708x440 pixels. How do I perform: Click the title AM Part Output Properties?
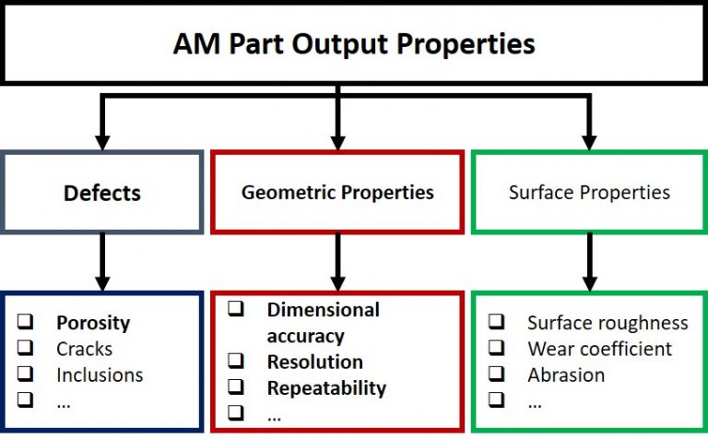pyautogui.click(x=354, y=44)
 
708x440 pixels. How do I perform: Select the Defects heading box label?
pyautogui.click(x=102, y=193)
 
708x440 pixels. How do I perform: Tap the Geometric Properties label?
pyautogui.click(x=337, y=193)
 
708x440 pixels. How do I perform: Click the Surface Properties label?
pyautogui.click(x=589, y=193)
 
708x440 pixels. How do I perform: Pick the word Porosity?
pyautogui.click(x=93, y=323)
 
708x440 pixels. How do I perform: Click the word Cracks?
pyautogui.click(x=85, y=349)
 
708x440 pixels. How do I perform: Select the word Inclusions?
pyautogui.click(x=100, y=375)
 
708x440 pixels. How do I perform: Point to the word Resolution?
pyautogui.click(x=315, y=362)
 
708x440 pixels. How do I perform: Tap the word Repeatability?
pyautogui.click(x=327, y=388)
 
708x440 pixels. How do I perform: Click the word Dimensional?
pyautogui.click(x=324, y=310)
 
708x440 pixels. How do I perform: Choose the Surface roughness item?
pyautogui.click(x=608, y=323)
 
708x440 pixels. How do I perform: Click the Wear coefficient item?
pyautogui.click(x=599, y=349)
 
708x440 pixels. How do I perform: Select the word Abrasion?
pyautogui.click(x=566, y=375)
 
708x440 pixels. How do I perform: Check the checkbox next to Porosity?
pyautogui.click(x=25, y=321)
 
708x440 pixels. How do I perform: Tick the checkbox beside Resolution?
pyautogui.click(x=236, y=361)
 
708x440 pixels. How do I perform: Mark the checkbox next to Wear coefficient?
pyautogui.click(x=496, y=348)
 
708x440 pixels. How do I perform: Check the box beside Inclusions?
pyautogui.click(x=25, y=374)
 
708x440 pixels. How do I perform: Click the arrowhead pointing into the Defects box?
pyautogui.click(x=102, y=142)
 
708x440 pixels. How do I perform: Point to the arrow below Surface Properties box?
pyautogui.click(x=590, y=262)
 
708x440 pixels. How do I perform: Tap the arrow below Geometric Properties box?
pyautogui.click(x=337, y=262)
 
